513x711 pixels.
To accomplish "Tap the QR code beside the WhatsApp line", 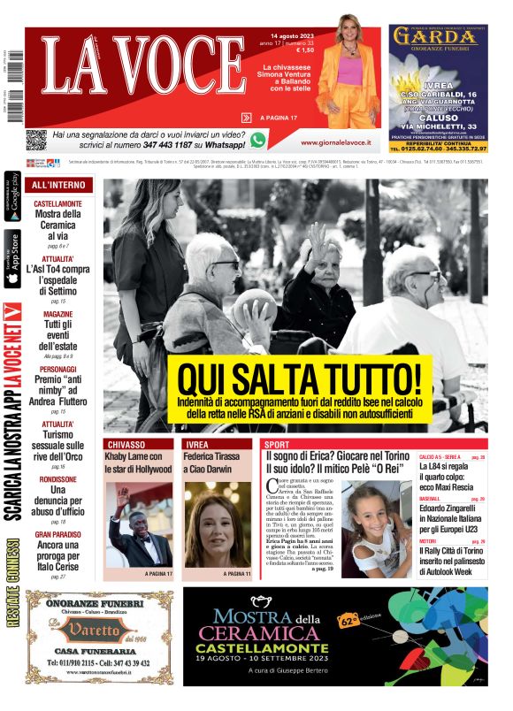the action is point(35,140).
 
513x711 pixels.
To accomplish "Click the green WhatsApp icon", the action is point(258,139).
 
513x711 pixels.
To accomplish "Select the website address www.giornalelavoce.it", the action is point(335,141).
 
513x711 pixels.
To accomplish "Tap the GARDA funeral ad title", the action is point(438,36).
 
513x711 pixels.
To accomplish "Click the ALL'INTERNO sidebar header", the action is point(58,186).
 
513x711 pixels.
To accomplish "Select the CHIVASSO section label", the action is point(126,444).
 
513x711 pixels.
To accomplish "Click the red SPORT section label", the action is point(278,444).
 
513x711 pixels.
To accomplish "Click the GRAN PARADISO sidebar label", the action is point(59,535).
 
